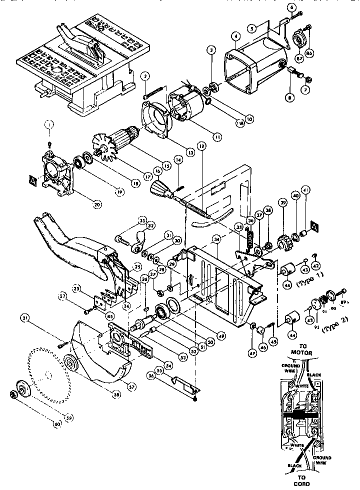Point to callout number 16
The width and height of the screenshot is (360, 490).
click(x=158, y=170)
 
